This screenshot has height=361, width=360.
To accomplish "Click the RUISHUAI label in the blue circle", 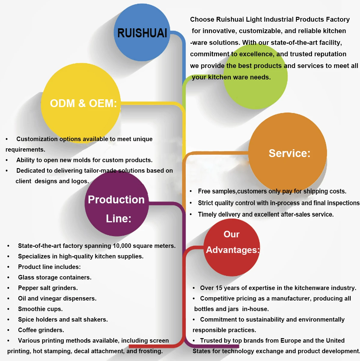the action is pyautogui.click(x=142, y=33).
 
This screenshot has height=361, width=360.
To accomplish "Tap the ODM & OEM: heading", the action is pyautogui.click(x=83, y=103).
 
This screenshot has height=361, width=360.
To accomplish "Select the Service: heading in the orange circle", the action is pyautogui.click(x=289, y=153).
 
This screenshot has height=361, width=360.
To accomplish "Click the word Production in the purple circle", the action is pyautogui.click(x=116, y=199).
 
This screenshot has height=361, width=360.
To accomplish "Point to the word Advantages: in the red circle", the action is pyautogui.click(x=233, y=250).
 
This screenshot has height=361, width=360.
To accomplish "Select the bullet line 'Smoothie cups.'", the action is pyautogui.click(x=40, y=309).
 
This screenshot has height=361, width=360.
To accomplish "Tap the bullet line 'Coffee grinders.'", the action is pyautogui.click(x=41, y=330).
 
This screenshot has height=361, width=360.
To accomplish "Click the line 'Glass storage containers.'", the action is pyautogui.click(x=55, y=277).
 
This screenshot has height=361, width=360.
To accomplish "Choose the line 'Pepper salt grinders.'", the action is pyautogui.click(x=48, y=288).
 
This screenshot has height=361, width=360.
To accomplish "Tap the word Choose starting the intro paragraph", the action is pyautogui.click(x=202, y=19).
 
